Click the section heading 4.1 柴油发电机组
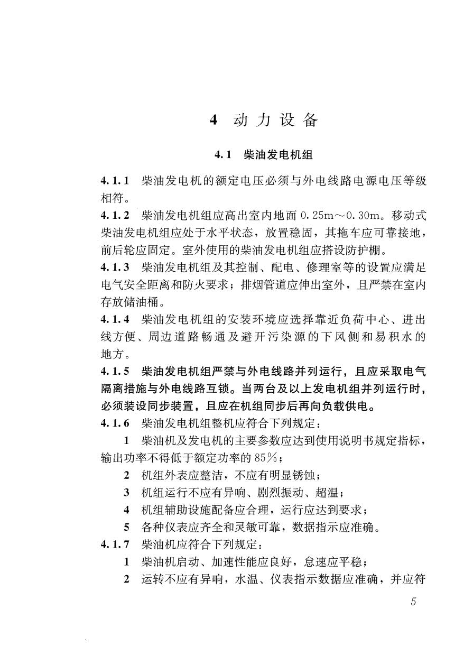pos(264,155)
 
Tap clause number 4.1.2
pos(115,216)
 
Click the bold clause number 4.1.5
pos(115,371)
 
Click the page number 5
pos(413,602)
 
